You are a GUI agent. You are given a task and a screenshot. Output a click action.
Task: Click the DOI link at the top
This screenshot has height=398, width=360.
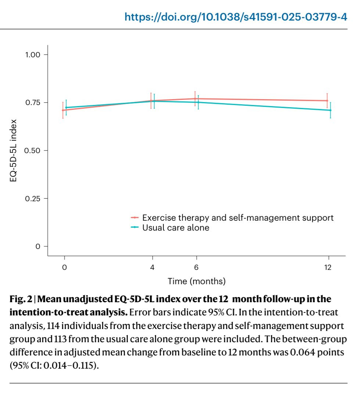point(235,17)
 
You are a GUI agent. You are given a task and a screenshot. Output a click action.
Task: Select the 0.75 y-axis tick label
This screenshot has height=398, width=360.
point(33,102)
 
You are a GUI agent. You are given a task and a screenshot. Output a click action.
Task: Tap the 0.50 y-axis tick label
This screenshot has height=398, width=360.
point(32,151)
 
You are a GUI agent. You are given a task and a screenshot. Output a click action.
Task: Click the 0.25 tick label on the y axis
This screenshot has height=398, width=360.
point(32,199)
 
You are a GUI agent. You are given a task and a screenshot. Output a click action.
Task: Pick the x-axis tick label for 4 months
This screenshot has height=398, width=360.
point(152,267)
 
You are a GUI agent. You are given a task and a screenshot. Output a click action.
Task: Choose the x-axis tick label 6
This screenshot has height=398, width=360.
point(196,267)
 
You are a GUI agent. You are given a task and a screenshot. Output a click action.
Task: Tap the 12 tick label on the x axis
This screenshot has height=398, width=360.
point(328,267)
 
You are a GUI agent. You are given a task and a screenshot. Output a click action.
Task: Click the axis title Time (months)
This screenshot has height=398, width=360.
point(197,281)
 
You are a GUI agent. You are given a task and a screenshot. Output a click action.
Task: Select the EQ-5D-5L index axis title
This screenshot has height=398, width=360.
point(13,151)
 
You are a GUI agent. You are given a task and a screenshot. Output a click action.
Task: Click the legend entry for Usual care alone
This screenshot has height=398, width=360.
point(176,228)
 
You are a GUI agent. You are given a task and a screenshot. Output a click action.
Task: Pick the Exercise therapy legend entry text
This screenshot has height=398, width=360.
point(238,218)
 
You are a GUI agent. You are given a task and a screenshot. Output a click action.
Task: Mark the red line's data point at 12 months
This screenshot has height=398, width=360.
point(327,101)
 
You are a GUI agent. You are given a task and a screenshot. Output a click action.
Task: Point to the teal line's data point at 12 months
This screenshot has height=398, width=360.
point(330,110)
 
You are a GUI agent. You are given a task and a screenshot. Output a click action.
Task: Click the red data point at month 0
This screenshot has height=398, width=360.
point(63,110)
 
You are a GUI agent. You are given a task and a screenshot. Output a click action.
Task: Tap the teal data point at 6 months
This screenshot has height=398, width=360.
point(198,102)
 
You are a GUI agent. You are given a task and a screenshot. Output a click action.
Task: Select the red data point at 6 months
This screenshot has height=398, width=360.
point(195,99)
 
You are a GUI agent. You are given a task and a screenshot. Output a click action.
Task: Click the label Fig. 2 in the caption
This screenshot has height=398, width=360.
point(21,299)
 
